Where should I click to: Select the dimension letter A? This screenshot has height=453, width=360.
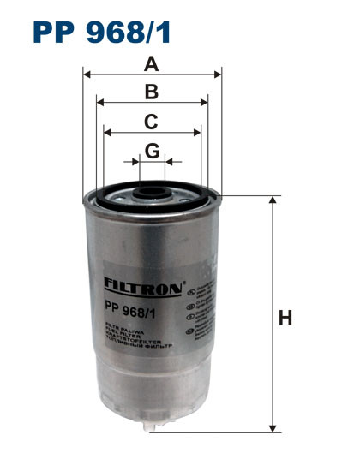(x=152, y=63)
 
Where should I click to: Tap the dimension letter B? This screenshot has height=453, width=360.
(x=152, y=92)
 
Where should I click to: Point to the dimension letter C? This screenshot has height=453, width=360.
(x=152, y=121)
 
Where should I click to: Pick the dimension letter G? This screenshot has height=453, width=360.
(x=152, y=151)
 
